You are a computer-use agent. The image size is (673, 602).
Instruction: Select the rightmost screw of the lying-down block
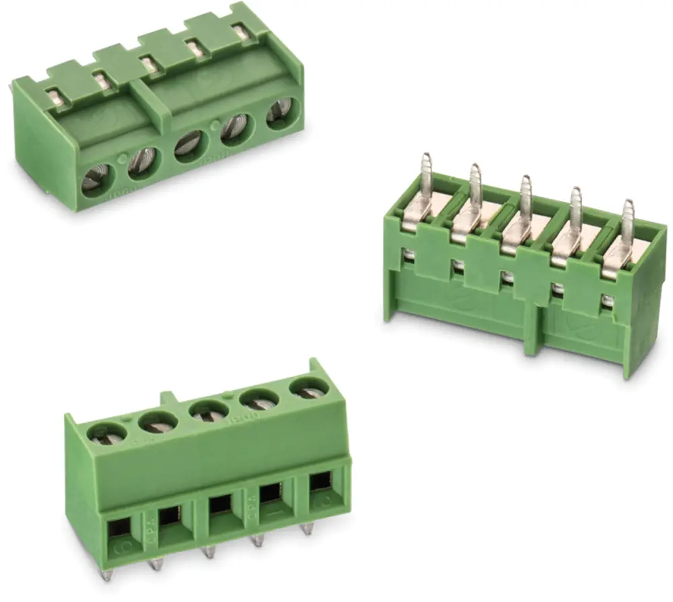point(280,112)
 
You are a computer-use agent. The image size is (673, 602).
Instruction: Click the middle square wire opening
point(220,506)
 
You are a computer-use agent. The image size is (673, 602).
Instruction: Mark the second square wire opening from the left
point(170,516)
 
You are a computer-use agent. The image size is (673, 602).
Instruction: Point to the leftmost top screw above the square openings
point(104,432)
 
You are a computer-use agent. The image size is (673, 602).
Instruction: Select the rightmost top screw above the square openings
point(310,389)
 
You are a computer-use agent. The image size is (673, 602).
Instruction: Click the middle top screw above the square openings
point(209,409)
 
